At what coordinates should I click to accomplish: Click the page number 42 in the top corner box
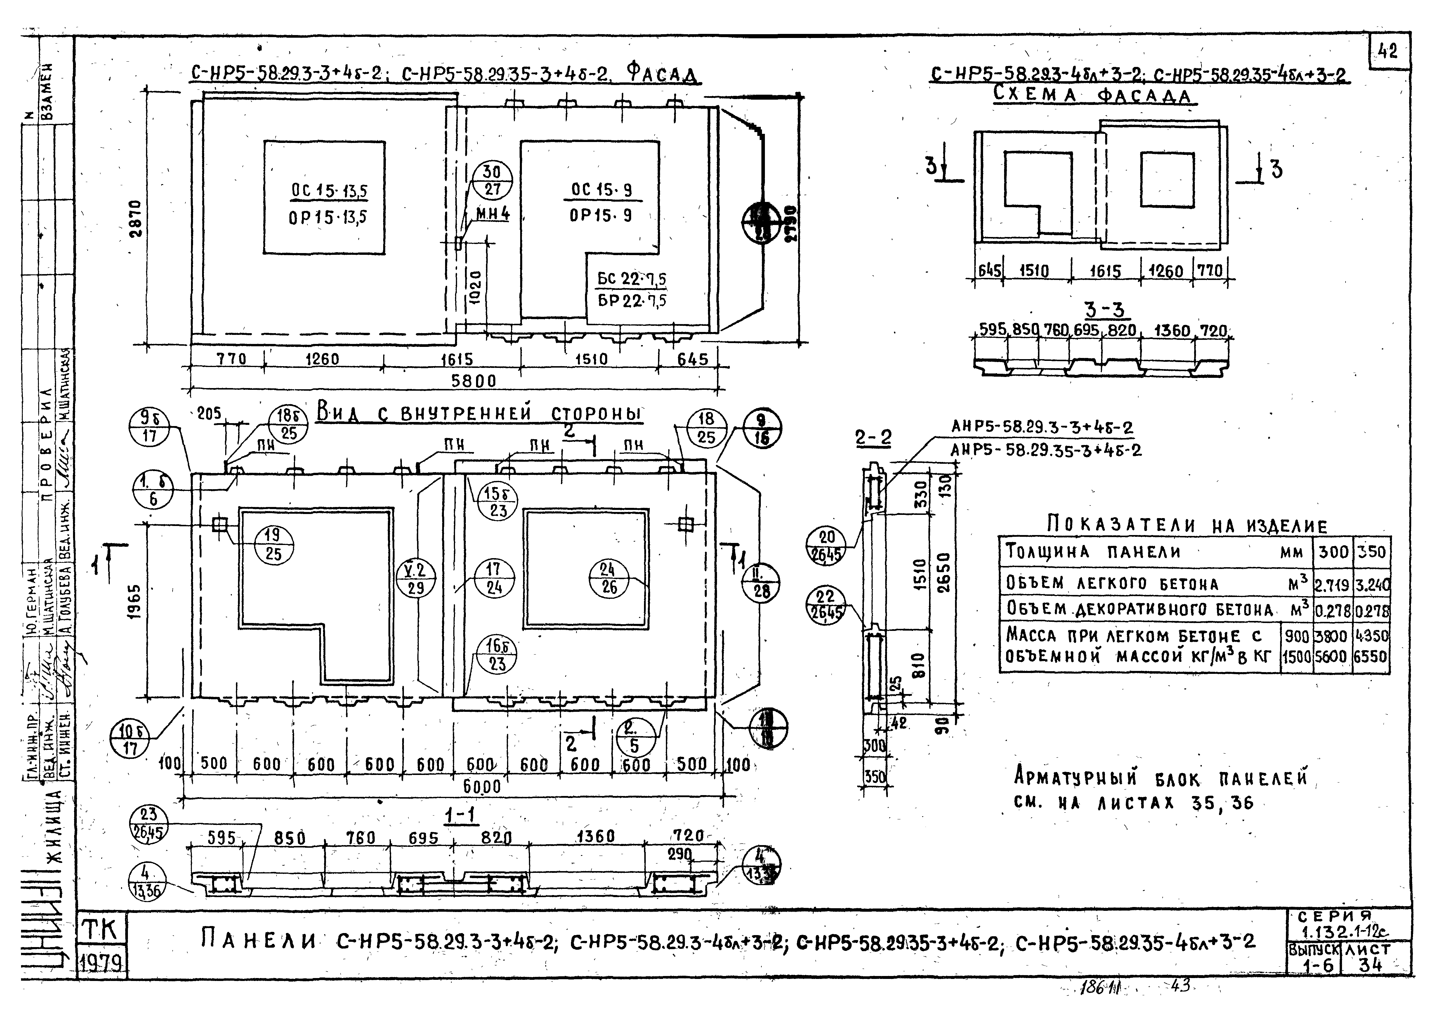(1389, 50)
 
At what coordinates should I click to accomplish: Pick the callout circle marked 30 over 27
(493, 180)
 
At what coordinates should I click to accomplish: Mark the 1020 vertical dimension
(476, 287)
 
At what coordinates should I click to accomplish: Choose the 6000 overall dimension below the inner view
(482, 786)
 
